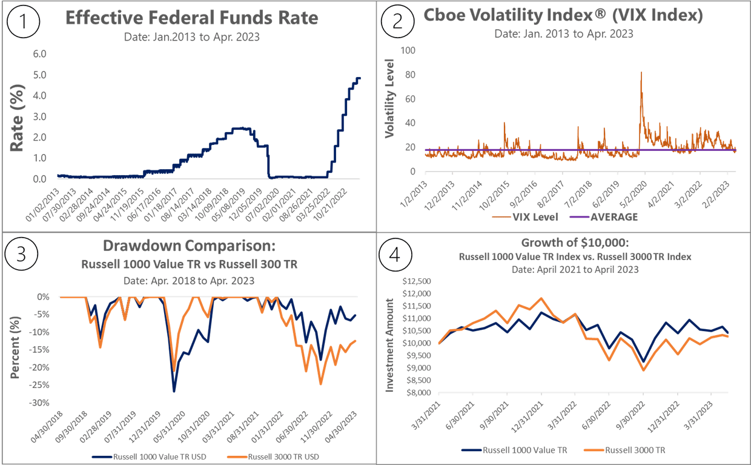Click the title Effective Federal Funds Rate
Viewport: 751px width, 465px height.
coord(191,18)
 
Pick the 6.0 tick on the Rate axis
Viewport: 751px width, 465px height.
coord(39,53)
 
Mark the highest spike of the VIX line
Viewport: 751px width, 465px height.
coord(641,72)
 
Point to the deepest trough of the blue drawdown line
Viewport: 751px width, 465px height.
coord(174,392)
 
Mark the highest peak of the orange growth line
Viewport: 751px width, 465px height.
coord(540,298)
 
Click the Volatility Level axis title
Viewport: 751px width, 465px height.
coord(390,97)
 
